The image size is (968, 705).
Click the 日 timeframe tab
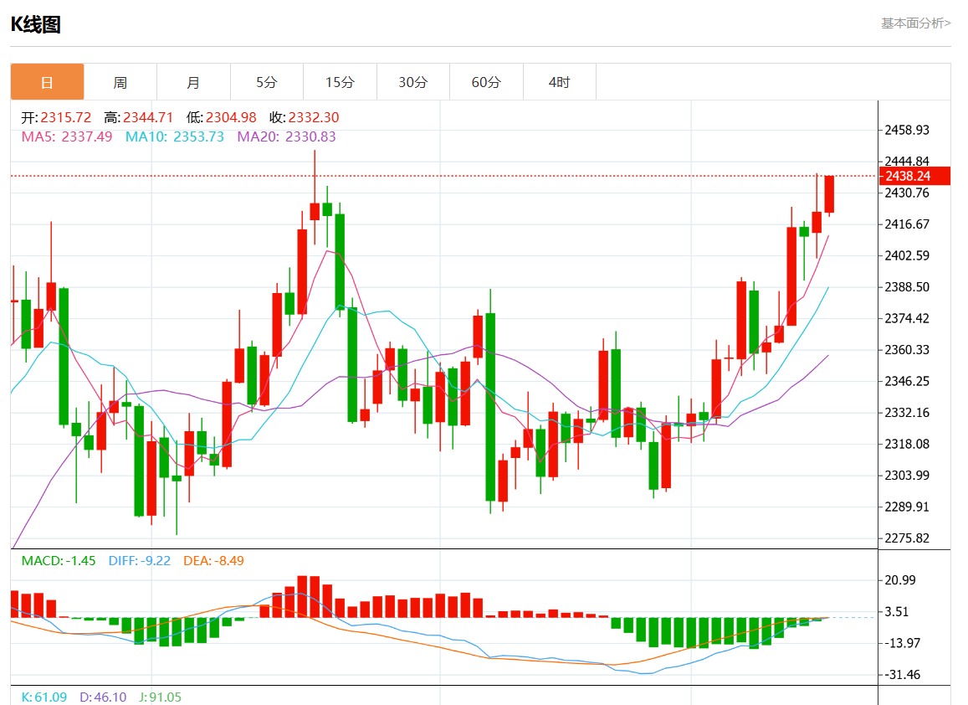pyautogui.click(x=47, y=82)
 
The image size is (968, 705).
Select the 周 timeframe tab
pyautogui.click(x=120, y=82)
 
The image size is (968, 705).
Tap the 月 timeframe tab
pyautogui.click(x=193, y=82)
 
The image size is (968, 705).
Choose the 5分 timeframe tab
pyautogui.click(x=266, y=82)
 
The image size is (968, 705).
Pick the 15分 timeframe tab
pyautogui.click(x=340, y=82)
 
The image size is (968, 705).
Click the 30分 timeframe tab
pyautogui.click(x=412, y=82)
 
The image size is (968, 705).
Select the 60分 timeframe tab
pyautogui.click(x=486, y=82)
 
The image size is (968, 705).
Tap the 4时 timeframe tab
pyautogui.click(x=559, y=82)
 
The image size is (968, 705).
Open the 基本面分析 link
pyautogui.click(x=915, y=23)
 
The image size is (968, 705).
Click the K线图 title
pyautogui.click(x=35, y=25)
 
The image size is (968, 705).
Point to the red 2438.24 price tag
pyautogui.click(x=915, y=176)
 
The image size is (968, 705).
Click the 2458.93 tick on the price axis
pyautogui.click(x=907, y=130)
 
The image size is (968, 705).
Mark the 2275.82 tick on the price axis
pyautogui.click(x=907, y=538)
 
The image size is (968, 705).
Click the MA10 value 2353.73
pyautogui.click(x=198, y=136)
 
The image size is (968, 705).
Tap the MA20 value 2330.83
pyautogui.click(x=310, y=136)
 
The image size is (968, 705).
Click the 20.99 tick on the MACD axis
pyautogui.click(x=900, y=580)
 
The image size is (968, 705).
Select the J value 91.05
pyautogui.click(x=165, y=697)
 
